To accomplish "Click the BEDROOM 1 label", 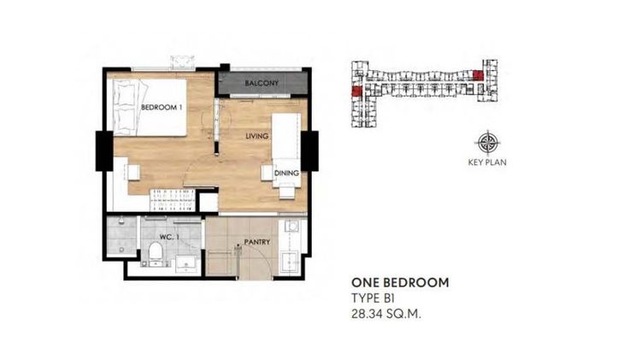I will pos(160,107).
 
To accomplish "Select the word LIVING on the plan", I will pos(257,137).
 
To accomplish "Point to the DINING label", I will pos(285,174).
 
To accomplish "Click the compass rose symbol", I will pos(488,142).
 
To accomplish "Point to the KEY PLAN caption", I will pos(488,162).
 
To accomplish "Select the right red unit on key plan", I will pos(478,75).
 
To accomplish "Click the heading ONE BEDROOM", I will pos(400,282).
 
